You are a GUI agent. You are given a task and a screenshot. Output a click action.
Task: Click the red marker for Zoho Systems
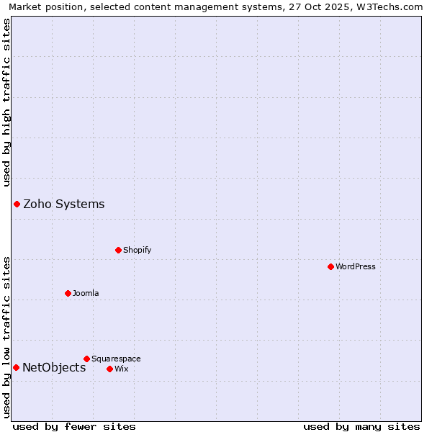[x=17, y=204]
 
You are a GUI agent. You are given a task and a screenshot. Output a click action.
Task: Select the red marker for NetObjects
[x=16, y=367]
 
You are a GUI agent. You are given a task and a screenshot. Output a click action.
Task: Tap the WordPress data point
[x=330, y=266]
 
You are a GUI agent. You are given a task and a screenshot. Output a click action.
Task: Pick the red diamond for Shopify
[x=118, y=250]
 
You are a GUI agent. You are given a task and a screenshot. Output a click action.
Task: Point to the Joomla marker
[x=68, y=293]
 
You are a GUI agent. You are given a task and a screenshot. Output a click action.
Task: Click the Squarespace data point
[x=86, y=359]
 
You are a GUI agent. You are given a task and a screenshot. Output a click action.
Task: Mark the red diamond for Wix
[x=109, y=369]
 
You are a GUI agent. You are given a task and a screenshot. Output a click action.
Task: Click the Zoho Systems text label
[x=64, y=204]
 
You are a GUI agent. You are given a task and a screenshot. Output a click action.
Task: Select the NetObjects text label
[x=54, y=367]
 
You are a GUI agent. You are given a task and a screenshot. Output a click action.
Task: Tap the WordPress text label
[x=356, y=266]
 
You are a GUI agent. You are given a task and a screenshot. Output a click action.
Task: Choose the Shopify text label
[x=137, y=250]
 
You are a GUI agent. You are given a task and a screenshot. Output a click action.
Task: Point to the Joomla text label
[x=86, y=293]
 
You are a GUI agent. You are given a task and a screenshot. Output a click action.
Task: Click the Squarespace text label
[x=116, y=359]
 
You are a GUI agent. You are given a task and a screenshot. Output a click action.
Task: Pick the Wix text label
[x=121, y=369]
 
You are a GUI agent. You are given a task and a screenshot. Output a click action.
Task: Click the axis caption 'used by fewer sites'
[x=74, y=426]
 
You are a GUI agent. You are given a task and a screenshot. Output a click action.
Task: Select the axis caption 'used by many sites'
[x=361, y=426]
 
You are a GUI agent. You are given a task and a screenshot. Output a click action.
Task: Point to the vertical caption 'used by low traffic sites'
[x=6, y=337]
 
